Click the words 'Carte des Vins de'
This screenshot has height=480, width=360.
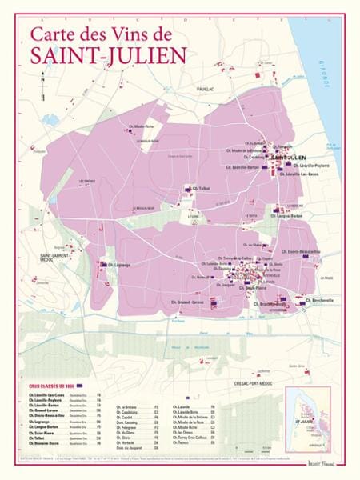[x=101, y=34]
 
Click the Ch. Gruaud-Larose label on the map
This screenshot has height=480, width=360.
[x=187, y=302]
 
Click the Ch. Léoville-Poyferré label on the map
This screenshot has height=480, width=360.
[x=301, y=166]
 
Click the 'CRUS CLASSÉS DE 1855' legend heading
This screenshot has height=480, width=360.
[x=46, y=387]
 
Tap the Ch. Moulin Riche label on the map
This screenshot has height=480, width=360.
[x=150, y=126]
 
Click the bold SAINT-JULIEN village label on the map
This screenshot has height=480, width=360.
[x=290, y=158]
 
